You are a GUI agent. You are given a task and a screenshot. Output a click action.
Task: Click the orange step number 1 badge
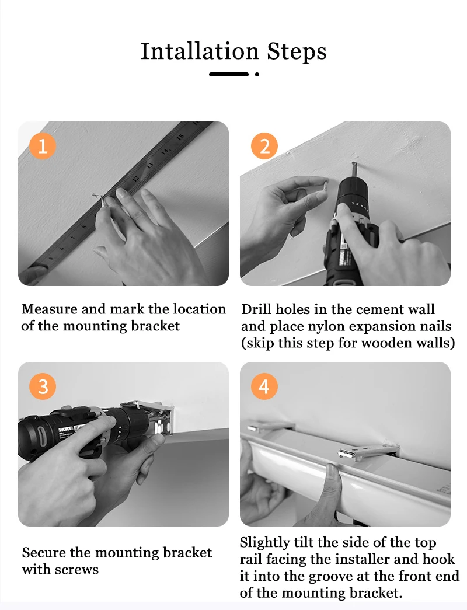coord(43,147)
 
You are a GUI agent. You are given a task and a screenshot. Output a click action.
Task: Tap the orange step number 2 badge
coord(264,147)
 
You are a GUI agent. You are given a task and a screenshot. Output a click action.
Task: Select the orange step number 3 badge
coord(43,386)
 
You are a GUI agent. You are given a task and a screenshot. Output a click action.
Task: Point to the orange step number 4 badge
coord(264,386)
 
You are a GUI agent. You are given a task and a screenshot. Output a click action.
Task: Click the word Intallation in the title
coord(200,51)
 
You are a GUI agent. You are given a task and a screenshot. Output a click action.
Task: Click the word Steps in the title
coord(297,52)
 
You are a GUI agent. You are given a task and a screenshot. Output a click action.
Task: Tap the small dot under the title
coord(257,74)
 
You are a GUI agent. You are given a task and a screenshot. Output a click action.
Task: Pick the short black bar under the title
coord(229,74)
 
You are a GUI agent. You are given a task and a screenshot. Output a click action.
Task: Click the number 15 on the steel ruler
coord(180,137)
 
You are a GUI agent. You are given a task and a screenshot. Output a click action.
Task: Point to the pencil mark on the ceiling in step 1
coord(98,198)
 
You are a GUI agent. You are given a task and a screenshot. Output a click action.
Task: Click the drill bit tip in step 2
coord(353,164)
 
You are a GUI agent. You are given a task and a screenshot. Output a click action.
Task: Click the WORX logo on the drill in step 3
coord(65,430)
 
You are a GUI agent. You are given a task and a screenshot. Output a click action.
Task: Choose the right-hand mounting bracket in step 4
coord(368,451)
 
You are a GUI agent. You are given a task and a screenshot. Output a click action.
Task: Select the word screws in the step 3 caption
coord(77,570)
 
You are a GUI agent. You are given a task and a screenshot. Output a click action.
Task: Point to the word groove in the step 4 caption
coord(331,577)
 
